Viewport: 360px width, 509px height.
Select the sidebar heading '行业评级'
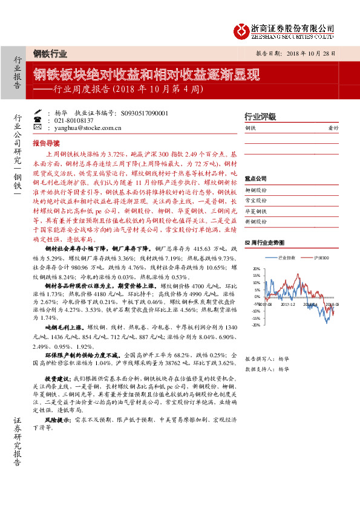pyautogui.click(x=260, y=116)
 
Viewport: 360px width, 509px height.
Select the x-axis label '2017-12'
pyautogui.click(x=288, y=305)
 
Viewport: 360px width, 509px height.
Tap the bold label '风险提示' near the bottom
pyautogui.click(x=54, y=418)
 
